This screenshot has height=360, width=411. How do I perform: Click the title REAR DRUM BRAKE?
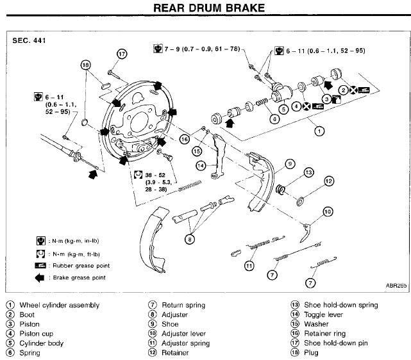205,9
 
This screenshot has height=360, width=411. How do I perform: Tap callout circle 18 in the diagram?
87,65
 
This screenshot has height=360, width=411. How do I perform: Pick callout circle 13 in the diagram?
308,172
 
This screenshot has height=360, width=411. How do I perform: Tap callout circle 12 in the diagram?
328,181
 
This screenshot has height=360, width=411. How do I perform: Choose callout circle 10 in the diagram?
327,211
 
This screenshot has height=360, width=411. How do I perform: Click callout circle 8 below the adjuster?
189,239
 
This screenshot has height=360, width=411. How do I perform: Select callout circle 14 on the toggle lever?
201,165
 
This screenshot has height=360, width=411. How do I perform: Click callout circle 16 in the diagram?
185,139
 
